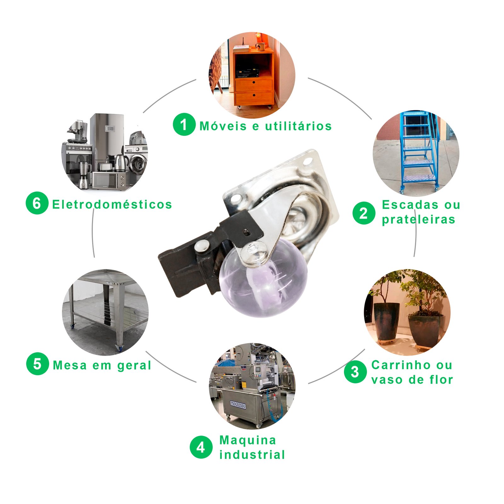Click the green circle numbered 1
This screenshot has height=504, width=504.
pos(184,124)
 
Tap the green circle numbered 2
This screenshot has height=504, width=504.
pos(364,213)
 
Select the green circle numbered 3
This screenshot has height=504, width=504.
pos(355,372)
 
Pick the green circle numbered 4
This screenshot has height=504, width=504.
pos(201,447)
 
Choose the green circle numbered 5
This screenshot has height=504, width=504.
pos(37,364)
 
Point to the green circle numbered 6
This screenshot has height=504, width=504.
pos(37,203)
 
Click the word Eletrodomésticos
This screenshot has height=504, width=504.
pos(112,204)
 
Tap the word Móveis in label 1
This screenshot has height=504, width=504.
pos(223,126)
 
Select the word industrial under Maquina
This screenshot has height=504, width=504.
pos(252,455)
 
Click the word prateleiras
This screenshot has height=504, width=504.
pos(419,220)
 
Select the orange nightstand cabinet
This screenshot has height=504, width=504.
pos(254,77)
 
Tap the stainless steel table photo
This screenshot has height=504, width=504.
pos(105,312)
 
